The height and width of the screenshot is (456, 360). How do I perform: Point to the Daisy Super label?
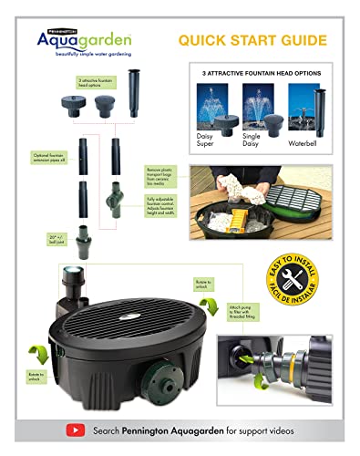[x=213, y=143]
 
